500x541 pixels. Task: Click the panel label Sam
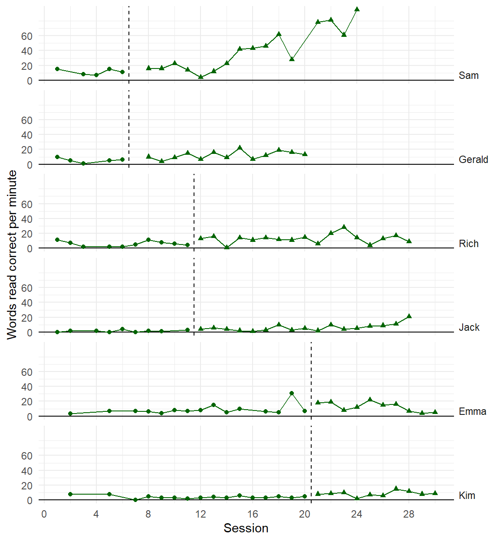click(468, 75)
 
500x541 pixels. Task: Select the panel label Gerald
click(473, 160)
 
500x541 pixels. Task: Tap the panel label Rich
click(468, 244)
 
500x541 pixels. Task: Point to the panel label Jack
click(469, 327)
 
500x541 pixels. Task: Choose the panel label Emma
click(472, 411)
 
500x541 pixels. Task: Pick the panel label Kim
click(467, 495)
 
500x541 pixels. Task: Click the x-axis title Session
click(246, 528)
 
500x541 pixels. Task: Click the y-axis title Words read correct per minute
click(12, 254)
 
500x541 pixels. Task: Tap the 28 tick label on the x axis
click(409, 514)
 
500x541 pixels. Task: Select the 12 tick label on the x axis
click(201, 514)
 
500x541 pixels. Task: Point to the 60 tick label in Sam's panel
click(27, 36)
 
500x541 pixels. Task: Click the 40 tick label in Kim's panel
click(27, 471)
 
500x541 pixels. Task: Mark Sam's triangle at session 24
click(357, 9)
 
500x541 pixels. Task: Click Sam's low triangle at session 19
click(292, 59)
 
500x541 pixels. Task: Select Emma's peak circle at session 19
click(292, 393)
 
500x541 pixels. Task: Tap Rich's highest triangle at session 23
click(344, 227)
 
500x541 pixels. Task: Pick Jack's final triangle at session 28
click(409, 316)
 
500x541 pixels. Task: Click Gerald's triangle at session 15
click(240, 148)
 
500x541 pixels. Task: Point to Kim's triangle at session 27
click(396, 489)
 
